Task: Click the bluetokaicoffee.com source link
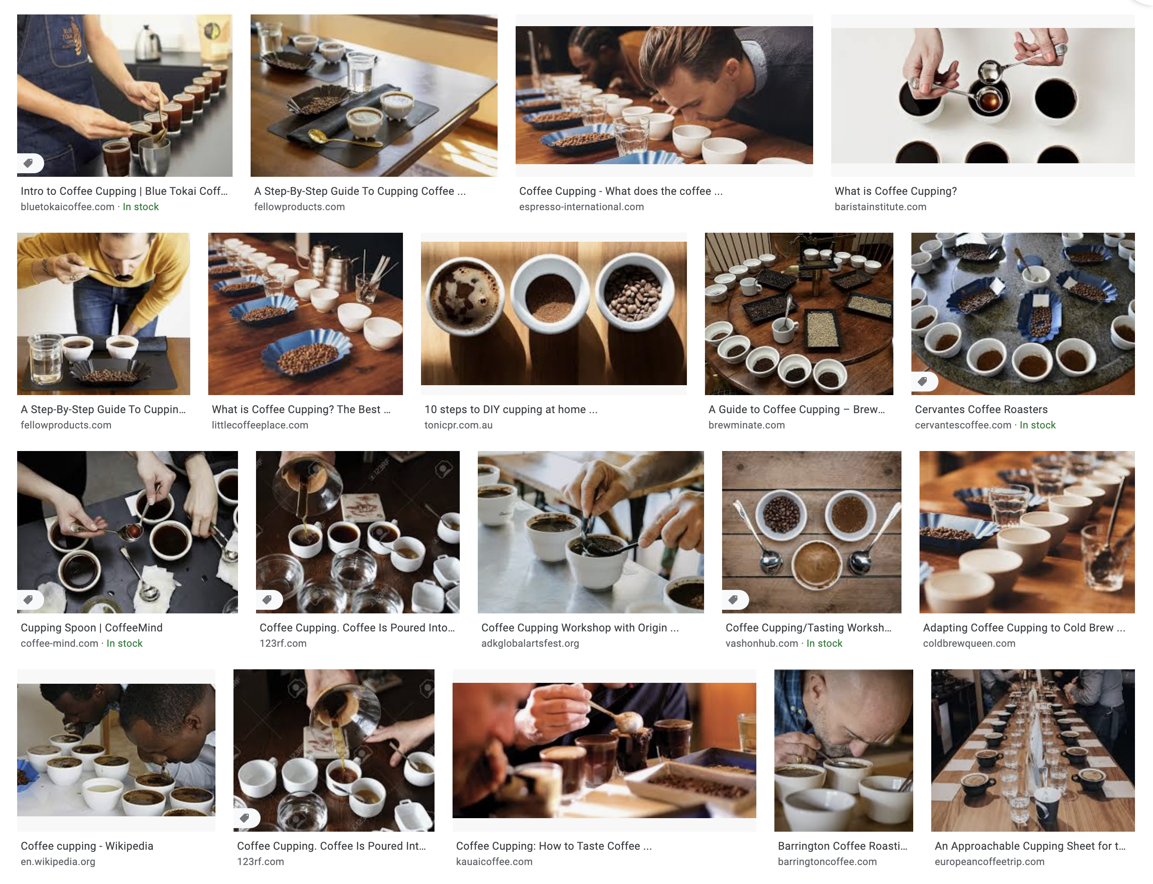pyautogui.click(x=67, y=207)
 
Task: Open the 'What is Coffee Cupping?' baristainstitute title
pyautogui.click(x=895, y=191)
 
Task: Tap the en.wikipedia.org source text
pyautogui.click(x=58, y=861)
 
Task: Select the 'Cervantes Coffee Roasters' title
pyautogui.click(x=981, y=410)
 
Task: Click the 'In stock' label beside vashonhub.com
pyautogui.click(x=824, y=643)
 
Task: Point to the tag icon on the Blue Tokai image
pyautogui.click(x=29, y=163)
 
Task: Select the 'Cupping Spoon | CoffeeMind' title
pyautogui.click(x=92, y=628)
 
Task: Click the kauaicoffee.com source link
pyautogui.click(x=494, y=861)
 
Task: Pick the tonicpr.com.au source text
pyautogui.click(x=458, y=425)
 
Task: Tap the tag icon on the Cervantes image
pyautogui.click(x=923, y=382)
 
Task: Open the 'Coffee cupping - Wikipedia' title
pyautogui.click(x=87, y=846)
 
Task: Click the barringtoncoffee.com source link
pyautogui.click(x=827, y=861)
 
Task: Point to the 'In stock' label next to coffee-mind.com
pyautogui.click(x=124, y=643)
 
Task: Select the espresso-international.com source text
pyautogui.click(x=581, y=207)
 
